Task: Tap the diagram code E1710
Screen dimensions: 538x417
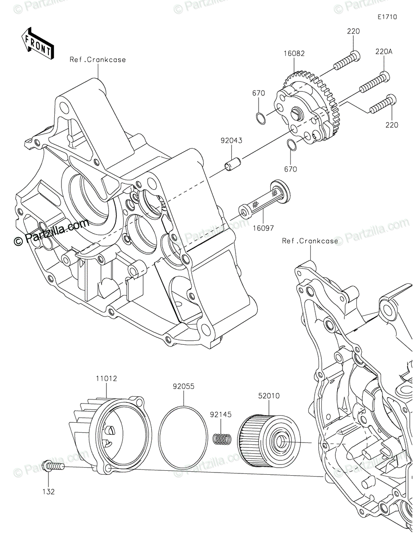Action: pos(386,17)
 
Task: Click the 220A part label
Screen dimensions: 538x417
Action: pos(384,52)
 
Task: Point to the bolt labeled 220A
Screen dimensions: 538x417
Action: pos(373,82)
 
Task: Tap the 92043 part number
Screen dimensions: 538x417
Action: pos(231,140)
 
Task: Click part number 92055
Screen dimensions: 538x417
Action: pos(184,386)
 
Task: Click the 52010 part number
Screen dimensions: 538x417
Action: pos(268,396)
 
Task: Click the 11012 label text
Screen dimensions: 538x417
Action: pos(106,379)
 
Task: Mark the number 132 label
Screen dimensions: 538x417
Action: pos(49,491)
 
